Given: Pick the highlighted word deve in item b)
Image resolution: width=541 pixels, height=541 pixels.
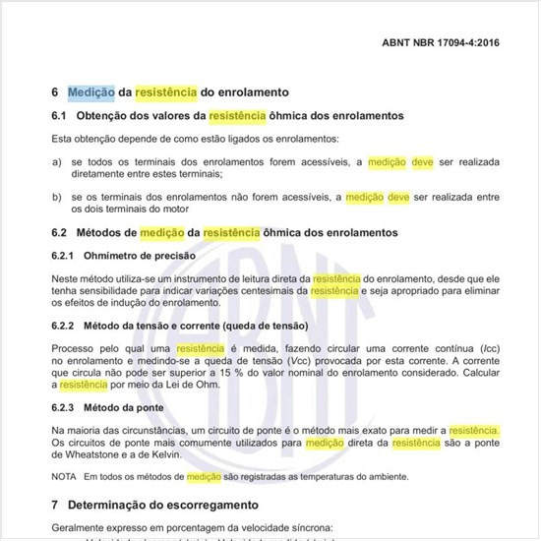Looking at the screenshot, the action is pos(398,197).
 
